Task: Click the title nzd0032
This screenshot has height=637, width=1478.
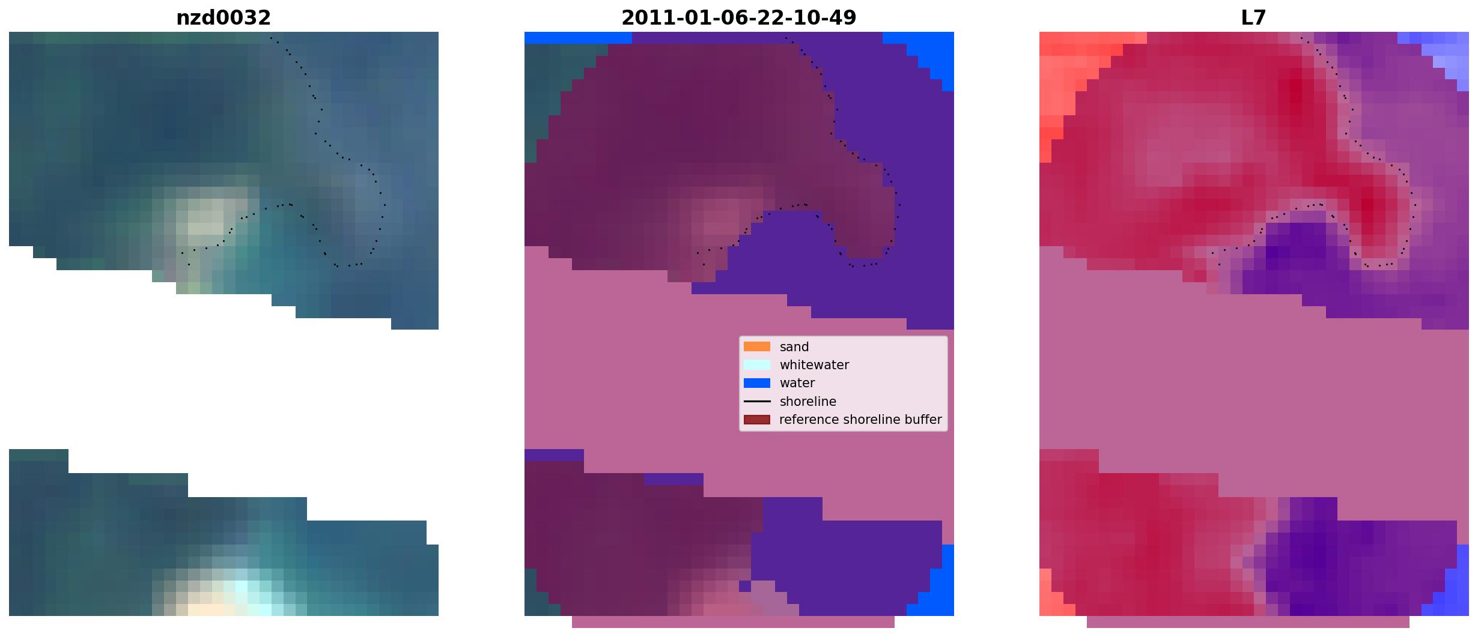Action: coord(224,18)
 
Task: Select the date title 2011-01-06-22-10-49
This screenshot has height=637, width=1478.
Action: coord(739,18)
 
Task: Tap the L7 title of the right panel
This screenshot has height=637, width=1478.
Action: coord(1254,18)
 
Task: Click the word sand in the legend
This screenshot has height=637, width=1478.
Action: coord(794,347)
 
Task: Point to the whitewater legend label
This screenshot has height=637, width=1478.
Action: coord(814,365)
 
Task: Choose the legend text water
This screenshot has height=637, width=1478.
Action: coord(797,383)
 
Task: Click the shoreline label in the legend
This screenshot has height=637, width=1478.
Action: coord(808,402)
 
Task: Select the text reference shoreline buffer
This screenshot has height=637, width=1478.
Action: coord(860,420)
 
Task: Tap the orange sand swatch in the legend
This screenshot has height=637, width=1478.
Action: coord(757,346)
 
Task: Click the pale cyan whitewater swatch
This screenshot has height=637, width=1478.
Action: coord(757,364)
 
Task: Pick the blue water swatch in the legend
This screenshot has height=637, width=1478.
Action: coord(757,383)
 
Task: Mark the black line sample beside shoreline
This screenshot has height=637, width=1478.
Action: coord(757,401)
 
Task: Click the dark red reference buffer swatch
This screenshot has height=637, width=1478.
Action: coord(757,420)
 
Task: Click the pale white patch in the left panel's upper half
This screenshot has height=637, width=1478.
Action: coord(204,219)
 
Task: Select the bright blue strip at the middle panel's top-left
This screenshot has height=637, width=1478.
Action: coord(578,38)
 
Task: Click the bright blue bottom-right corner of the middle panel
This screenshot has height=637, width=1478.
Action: coord(937,585)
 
